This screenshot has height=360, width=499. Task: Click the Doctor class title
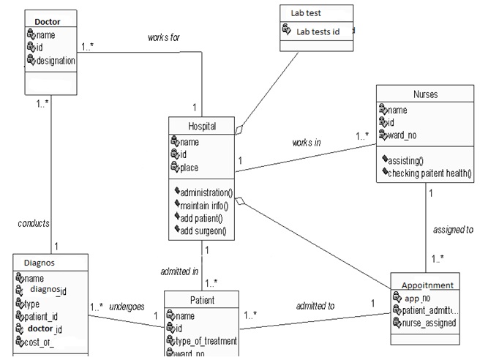point(48,21)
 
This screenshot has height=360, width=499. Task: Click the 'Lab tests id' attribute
point(318,31)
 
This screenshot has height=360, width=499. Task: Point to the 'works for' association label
point(163,37)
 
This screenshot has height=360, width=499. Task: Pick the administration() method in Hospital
point(206,193)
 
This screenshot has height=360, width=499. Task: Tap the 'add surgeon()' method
point(203,231)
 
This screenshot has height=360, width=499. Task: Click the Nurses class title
point(426,94)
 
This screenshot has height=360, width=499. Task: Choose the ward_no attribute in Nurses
point(408,135)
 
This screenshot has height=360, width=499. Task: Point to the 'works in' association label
point(307,143)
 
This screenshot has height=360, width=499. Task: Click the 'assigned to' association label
point(453,230)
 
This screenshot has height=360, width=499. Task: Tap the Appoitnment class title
point(427,285)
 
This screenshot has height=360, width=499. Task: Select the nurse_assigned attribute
point(430,323)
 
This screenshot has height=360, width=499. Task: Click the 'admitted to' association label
point(315,306)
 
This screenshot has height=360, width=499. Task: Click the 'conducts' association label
point(34,223)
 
